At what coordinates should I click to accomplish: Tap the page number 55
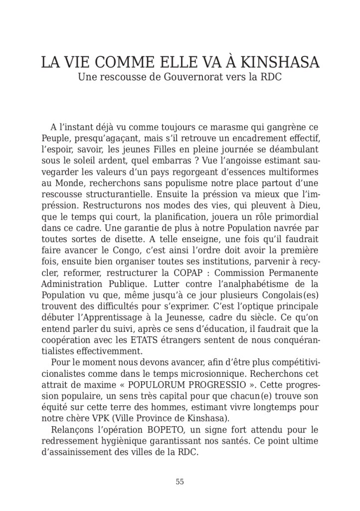pyautogui.click(x=180, y=482)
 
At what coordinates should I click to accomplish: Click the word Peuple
pyautogui.click(x=54, y=138)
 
